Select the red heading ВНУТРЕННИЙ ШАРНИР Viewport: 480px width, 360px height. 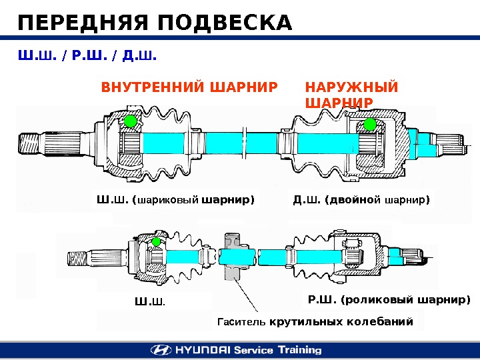pyautogui.click(x=189, y=87)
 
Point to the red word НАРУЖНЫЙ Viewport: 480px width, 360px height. pyautogui.click(x=351, y=87)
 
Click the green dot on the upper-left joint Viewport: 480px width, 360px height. pyautogui.click(x=130, y=121)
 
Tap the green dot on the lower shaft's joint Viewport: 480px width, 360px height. pyautogui.click(x=157, y=241)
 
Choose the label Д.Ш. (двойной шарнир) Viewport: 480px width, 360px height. pyautogui.click(x=361, y=199)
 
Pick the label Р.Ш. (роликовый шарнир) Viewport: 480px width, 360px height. pyautogui.click(x=389, y=299)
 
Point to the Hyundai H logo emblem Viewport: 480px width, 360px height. pyautogui.click(x=161, y=350)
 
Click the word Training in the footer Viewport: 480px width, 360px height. pyautogui.click(x=298, y=350)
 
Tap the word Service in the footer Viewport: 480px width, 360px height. pyautogui.click(x=253, y=350)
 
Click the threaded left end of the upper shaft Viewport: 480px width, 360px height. pyautogui.click(x=31, y=143)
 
